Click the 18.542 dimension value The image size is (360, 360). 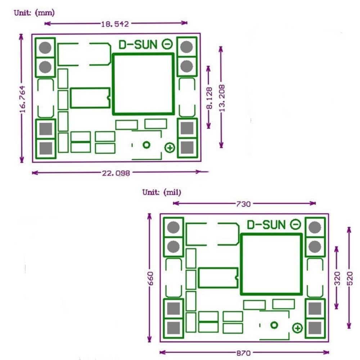[x=115, y=24]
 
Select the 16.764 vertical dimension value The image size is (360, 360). [x=23, y=99]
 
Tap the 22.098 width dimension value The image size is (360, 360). [x=116, y=173]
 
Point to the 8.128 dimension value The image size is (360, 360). [x=210, y=98]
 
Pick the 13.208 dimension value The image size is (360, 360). [x=222, y=98]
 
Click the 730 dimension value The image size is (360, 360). [x=243, y=204]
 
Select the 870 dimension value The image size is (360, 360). [x=243, y=353]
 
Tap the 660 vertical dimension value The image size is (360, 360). [x=150, y=278]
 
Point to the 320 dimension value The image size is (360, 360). [x=337, y=278]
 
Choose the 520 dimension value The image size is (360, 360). [x=350, y=278]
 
